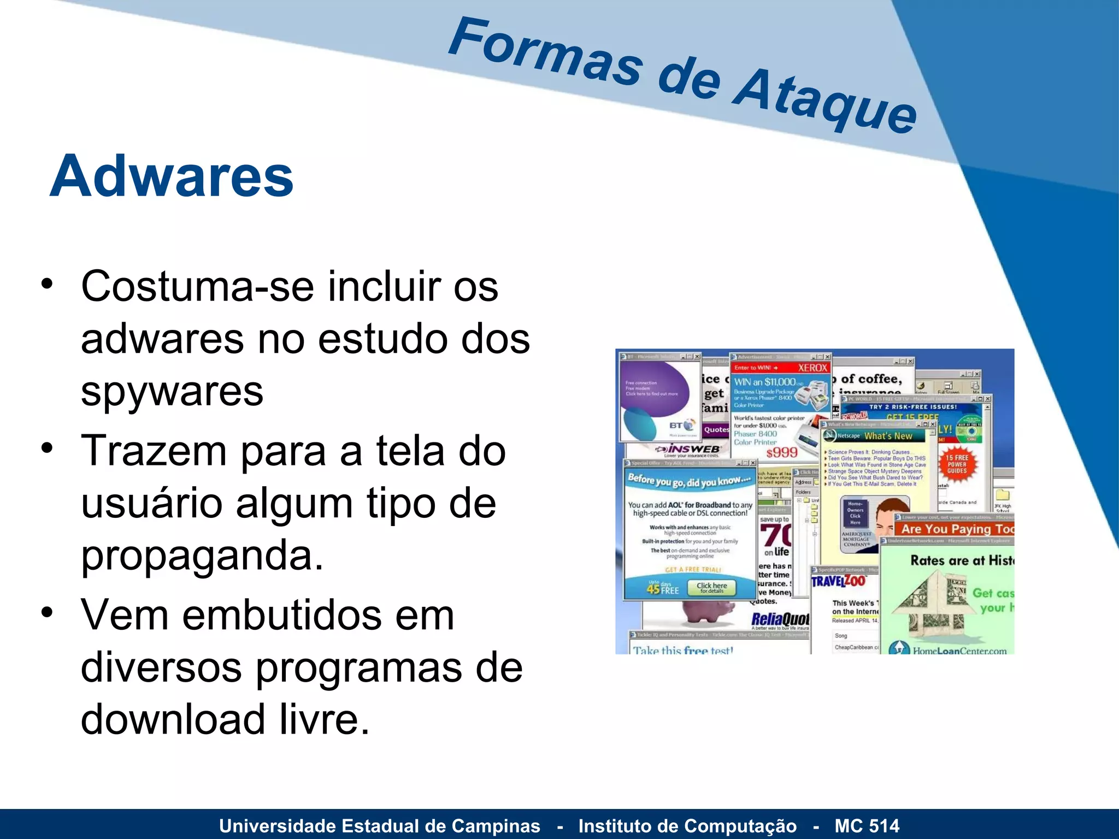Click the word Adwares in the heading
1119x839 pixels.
point(172,176)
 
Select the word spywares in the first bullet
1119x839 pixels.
point(172,392)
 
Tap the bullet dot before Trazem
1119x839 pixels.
point(48,448)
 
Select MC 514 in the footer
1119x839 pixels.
point(867,826)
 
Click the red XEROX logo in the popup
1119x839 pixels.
point(812,368)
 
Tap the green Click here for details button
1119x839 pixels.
point(711,587)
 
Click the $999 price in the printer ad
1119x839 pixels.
point(781,452)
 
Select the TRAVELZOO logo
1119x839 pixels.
point(838,581)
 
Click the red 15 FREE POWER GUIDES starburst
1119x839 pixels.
point(957,464)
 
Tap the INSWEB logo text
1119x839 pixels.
point(694,449)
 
